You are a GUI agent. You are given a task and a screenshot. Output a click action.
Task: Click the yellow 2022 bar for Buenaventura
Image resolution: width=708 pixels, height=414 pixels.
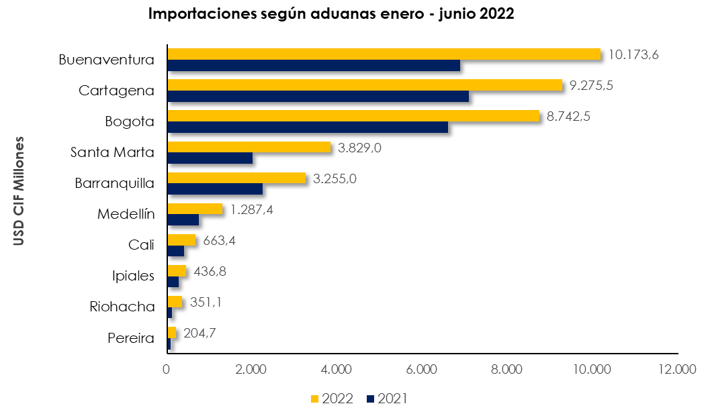(383, 54)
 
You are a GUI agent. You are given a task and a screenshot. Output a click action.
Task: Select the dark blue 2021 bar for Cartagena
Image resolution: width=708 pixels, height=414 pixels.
(317, 96)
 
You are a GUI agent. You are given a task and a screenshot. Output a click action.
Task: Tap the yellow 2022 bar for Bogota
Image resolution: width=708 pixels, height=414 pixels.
(353, 115)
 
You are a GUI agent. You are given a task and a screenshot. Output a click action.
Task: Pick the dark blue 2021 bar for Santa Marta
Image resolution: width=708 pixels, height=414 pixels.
(210, 158)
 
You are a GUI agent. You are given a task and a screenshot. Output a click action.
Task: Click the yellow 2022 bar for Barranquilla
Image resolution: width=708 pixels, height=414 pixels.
(236, 178)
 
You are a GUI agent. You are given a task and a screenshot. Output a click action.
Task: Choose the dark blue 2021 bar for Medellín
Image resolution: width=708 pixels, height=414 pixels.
(183, 219)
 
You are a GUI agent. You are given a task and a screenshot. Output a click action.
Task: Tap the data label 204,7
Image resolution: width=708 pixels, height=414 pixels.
(199, 333)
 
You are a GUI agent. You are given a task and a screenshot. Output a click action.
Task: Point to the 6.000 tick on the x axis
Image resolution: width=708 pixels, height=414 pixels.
(422, 369)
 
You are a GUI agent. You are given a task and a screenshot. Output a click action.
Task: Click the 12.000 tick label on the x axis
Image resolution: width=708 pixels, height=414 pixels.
(677, 369)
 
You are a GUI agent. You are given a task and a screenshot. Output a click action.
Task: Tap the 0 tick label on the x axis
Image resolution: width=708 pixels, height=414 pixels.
(167, 369)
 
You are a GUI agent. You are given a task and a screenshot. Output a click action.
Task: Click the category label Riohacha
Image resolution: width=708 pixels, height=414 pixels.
(122, 307)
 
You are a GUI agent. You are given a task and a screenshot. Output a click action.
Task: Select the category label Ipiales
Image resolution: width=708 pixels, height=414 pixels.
(133, 276)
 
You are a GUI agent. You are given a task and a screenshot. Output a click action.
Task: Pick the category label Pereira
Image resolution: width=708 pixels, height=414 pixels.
(131, 338)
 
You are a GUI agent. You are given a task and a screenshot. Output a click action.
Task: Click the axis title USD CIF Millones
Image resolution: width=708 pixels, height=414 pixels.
(19, 191)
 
